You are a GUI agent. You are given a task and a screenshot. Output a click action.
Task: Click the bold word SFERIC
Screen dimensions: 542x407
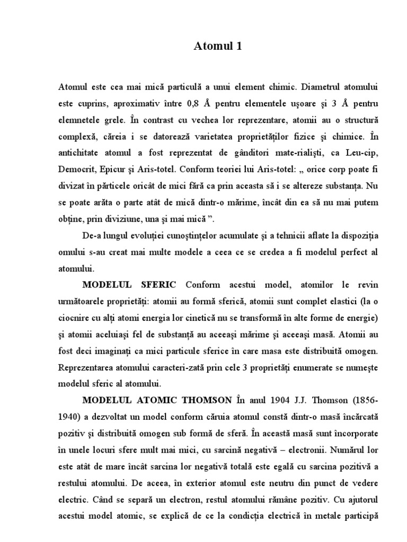point(156,286)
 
